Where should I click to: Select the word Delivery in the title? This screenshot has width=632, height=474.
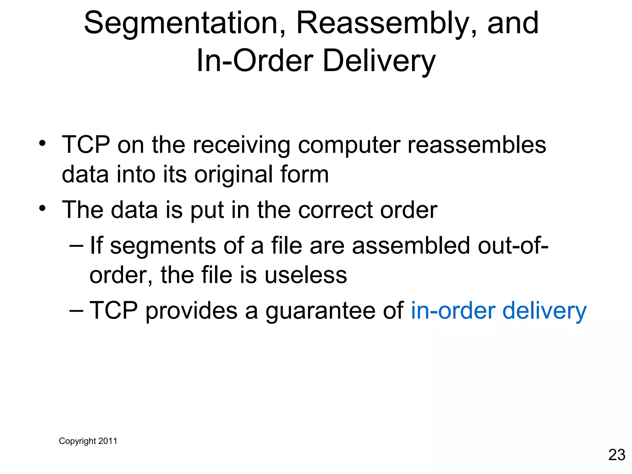379,61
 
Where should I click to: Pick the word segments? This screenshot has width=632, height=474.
163,246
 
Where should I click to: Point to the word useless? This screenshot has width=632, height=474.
306,275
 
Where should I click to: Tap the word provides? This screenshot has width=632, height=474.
191,310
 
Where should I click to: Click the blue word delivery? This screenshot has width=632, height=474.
544,310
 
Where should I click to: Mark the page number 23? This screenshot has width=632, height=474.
617,455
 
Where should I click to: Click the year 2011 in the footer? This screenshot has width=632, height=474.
108,441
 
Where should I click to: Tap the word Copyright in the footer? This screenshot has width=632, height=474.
77,441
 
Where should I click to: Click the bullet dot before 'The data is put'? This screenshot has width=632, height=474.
42,208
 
